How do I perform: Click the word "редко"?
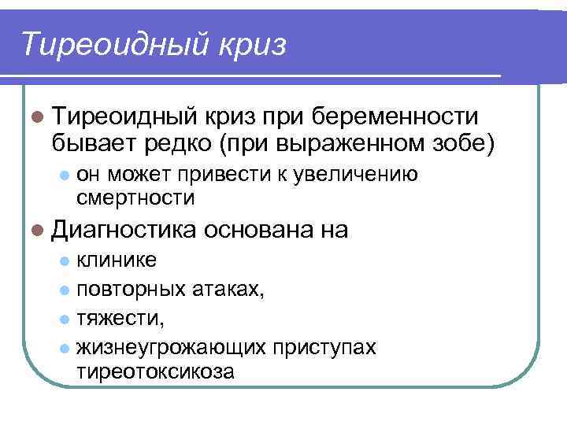tap(180, 143)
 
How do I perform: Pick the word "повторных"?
tap(131, 289)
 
